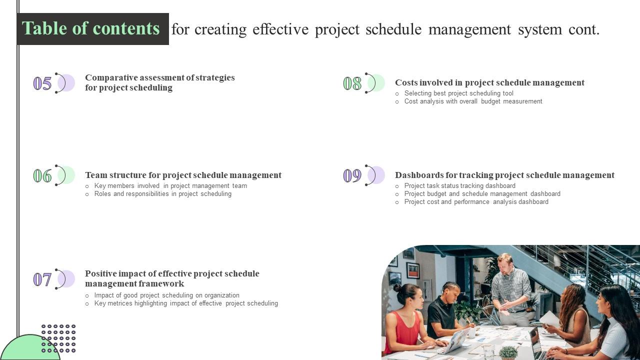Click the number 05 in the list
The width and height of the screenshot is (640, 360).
click(x=42, y=83)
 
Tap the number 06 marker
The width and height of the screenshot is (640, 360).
click(x=42, y=176)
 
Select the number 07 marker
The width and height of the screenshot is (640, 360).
click(x=42, y=279)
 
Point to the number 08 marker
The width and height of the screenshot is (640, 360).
click(x=352, y=83)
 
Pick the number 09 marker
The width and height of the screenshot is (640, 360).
click(x=352, y=176)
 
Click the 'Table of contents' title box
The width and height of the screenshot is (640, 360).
click(x=92, y=29)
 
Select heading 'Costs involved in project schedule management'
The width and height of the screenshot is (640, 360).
click(x=489, y=82)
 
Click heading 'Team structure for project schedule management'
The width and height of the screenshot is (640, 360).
click(x=183, y=175)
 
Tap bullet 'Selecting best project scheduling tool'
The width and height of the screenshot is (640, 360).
click(x=458, y=93)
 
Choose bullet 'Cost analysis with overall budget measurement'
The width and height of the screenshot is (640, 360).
click(x=473, y=101)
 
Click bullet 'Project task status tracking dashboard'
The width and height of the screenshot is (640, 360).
click(x=459, y=186)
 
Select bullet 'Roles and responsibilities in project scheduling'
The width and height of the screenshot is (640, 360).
click(x=162, y=194)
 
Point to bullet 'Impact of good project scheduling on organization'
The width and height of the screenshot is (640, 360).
click(x=166, y=295)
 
